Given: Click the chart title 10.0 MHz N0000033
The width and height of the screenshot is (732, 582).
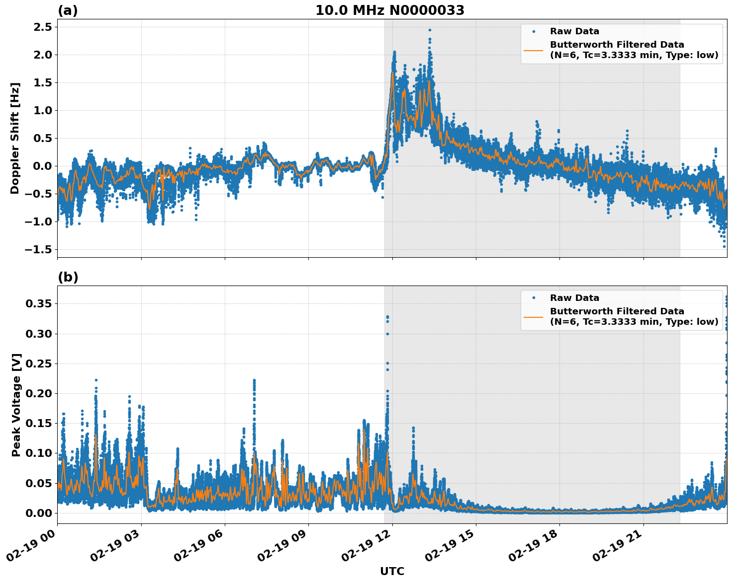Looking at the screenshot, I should point(390,10).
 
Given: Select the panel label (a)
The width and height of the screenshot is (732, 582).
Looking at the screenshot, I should point(68,10).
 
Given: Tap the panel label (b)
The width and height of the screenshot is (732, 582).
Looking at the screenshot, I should point(68,277).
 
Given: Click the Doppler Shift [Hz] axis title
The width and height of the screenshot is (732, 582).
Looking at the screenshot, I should point(15,138).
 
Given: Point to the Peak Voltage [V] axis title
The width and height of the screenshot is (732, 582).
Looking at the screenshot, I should point(16,405).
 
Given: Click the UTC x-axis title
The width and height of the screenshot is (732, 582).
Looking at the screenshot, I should point(392,571).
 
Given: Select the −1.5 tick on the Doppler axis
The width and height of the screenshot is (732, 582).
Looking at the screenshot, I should point(38,249).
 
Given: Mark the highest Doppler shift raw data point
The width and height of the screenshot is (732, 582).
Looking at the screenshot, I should point(430,30).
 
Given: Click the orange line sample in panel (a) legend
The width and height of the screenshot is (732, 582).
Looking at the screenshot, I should point(533,50).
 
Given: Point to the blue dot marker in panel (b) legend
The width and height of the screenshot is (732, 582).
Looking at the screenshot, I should point(534,298).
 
